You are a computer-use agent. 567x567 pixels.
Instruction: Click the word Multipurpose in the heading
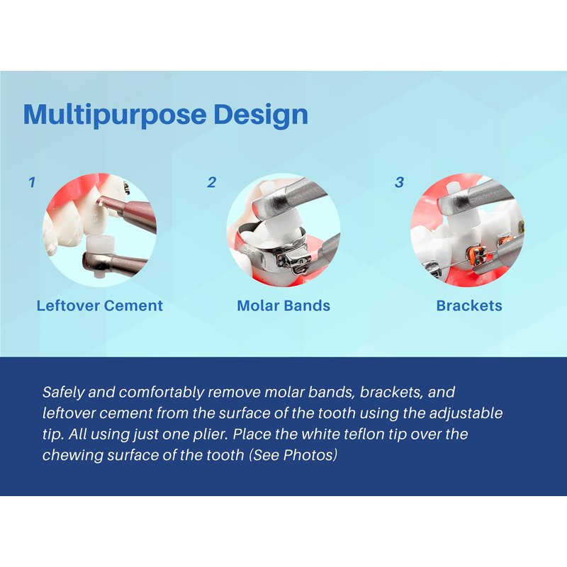click(115, 115)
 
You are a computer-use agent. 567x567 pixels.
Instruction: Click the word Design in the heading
click(261, 115)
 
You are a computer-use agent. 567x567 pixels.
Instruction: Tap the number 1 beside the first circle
click(32, 183)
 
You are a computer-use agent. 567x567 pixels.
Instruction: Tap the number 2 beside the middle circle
click(211, 183)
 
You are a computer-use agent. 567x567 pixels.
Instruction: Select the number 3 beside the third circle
click(399, 183)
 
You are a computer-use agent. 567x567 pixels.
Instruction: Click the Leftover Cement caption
click(100, 306)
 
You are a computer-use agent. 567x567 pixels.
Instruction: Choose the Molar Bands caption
click(283, 306)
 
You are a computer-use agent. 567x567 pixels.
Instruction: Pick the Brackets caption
click(469, 306)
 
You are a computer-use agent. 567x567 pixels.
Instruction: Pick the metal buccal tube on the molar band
click(293, 261)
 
